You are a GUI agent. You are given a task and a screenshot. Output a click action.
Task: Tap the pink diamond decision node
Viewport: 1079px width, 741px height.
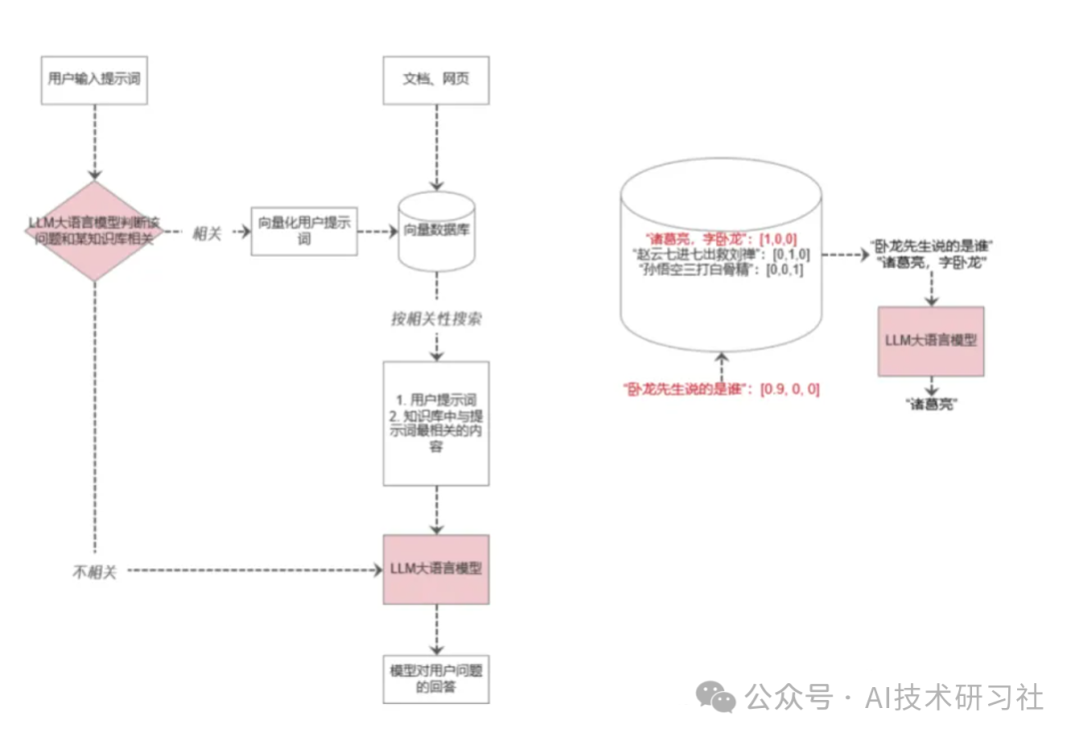point(94,231)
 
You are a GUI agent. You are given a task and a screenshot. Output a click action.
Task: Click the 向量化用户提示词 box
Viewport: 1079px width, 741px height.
point(304,232)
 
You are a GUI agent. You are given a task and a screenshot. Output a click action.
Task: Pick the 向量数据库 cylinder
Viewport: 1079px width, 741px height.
point(436,232)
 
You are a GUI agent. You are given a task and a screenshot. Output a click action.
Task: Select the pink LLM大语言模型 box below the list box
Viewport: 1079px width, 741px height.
point(436,568)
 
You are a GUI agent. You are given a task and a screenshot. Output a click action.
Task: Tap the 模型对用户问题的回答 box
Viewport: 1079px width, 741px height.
point(436,678)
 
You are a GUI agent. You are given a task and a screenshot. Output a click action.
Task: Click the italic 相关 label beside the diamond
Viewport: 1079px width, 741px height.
point(206,232)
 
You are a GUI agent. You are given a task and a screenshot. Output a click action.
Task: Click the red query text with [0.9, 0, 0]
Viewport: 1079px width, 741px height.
point(720,389)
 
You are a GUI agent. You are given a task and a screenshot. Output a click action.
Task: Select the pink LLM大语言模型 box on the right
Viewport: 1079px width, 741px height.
point(930,341)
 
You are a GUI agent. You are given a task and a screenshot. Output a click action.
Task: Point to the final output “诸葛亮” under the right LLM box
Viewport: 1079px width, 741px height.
point(930,404)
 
